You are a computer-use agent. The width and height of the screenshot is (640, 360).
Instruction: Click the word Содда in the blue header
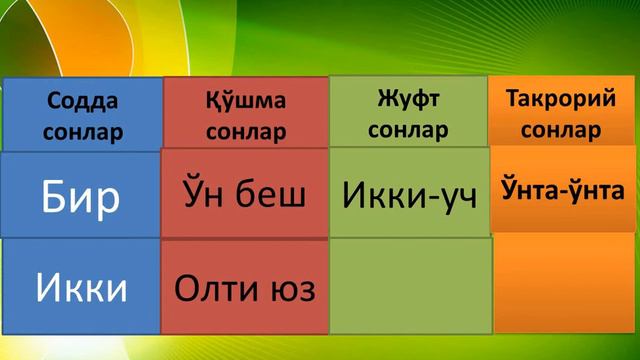tap(82, 102)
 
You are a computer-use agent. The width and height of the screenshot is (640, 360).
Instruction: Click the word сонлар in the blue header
tap(82, 130)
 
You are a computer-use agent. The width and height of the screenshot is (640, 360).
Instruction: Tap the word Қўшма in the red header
tap(245, 102)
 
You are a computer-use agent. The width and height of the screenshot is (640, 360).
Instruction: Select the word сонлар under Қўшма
tap(245, 132)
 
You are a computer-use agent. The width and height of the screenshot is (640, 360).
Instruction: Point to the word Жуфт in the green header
tap(408, 100)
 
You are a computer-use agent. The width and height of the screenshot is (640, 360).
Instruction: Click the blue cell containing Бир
tap(82, 197)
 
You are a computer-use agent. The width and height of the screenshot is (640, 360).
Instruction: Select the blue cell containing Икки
tap(82, 288)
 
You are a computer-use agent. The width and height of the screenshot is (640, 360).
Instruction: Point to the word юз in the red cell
tap(292, 289)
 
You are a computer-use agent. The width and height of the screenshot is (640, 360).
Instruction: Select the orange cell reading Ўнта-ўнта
tap(561, 189)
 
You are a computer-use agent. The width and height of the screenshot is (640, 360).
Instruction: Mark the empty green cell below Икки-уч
tap(408, 286)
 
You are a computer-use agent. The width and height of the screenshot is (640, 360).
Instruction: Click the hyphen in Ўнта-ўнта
tap(561, 190)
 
